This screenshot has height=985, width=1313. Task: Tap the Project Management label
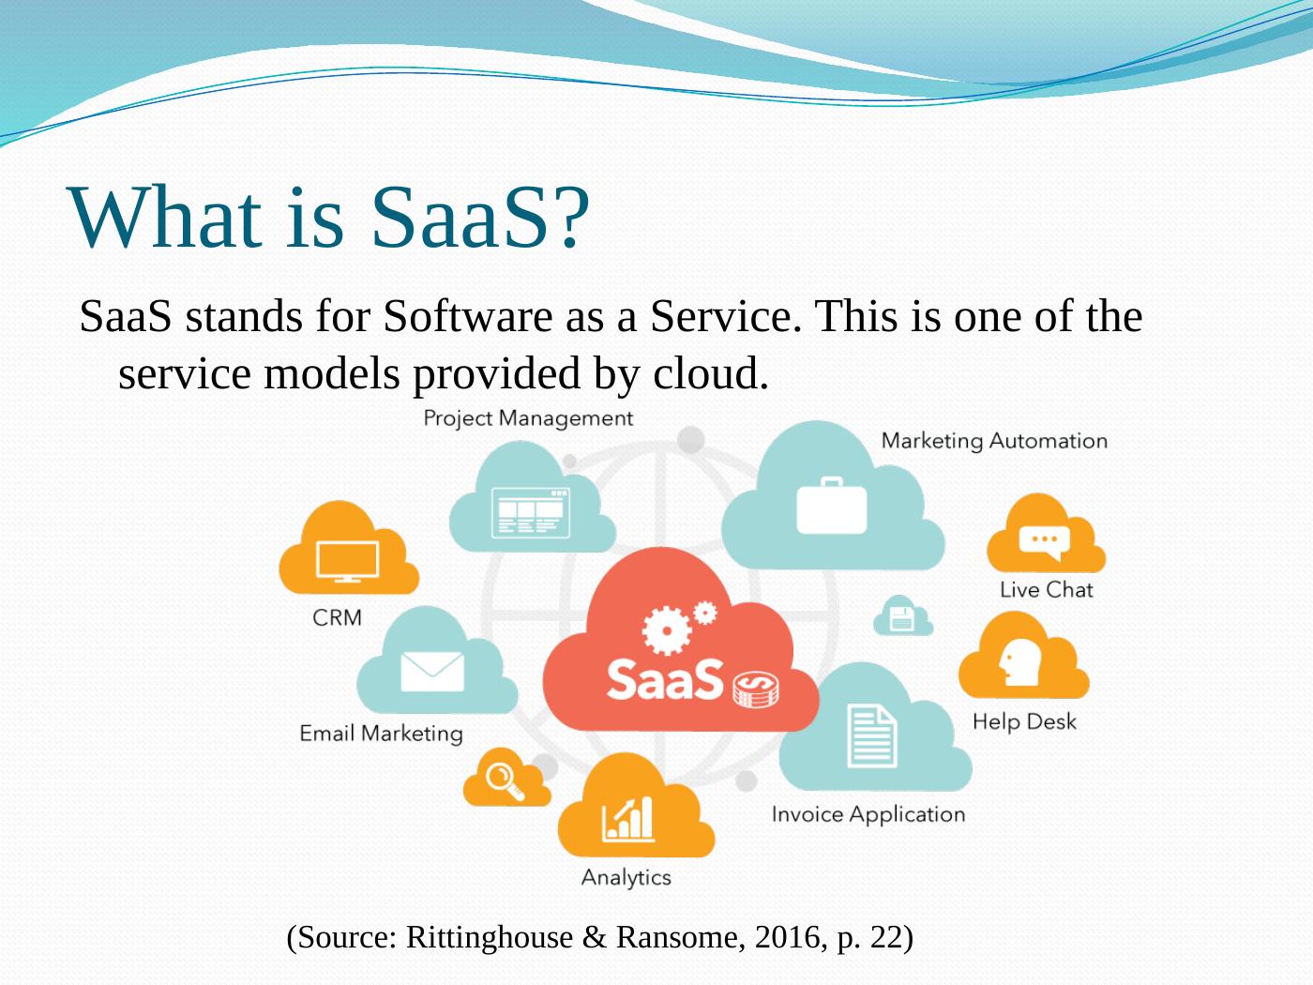[x=528, y=418]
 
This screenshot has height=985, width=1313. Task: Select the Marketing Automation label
[x=994, y=441]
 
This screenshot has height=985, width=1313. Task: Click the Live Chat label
[x=1047, y=590]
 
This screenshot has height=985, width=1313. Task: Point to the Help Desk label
[x=1024, y=721]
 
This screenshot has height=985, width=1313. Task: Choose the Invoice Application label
[x=868, y=814]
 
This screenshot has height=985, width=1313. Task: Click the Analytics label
[x=626, y=878]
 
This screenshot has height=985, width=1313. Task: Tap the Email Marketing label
[x=381, y=734]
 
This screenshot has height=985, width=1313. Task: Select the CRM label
[x=338, y=618]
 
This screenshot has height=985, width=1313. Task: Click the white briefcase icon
[x=832, y=506]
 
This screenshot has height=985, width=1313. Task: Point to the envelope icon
[x=432, y=672]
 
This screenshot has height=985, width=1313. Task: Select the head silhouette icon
[x=1019, y=662]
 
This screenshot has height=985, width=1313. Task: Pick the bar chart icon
[x=628, y=819]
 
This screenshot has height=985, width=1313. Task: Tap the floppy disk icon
[x=902, y=618]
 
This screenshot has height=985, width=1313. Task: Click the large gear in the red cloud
[x=667, y=630]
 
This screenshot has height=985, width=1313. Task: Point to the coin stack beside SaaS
[x=756, y=689]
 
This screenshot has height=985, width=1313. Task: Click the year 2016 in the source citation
[x=787, y=936]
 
